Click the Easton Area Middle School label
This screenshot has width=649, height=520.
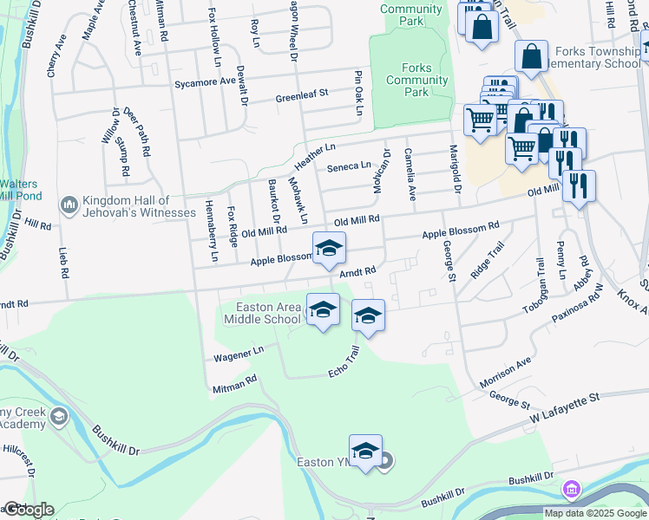(x=262, y=313)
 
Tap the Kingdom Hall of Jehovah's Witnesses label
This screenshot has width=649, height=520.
(x=139, y=206)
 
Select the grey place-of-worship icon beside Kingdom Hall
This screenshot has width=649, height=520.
(x=69, y=205)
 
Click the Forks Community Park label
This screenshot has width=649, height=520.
(x=416, y=80)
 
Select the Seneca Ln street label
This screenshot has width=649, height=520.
(x=348, y=166)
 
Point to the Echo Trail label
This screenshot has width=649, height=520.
(x=343, y=363)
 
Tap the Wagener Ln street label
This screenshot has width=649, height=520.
(x=238, y=353)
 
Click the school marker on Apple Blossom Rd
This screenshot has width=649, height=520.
(x=329, y=248)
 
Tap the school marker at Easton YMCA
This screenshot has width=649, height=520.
(x=366, y=451)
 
